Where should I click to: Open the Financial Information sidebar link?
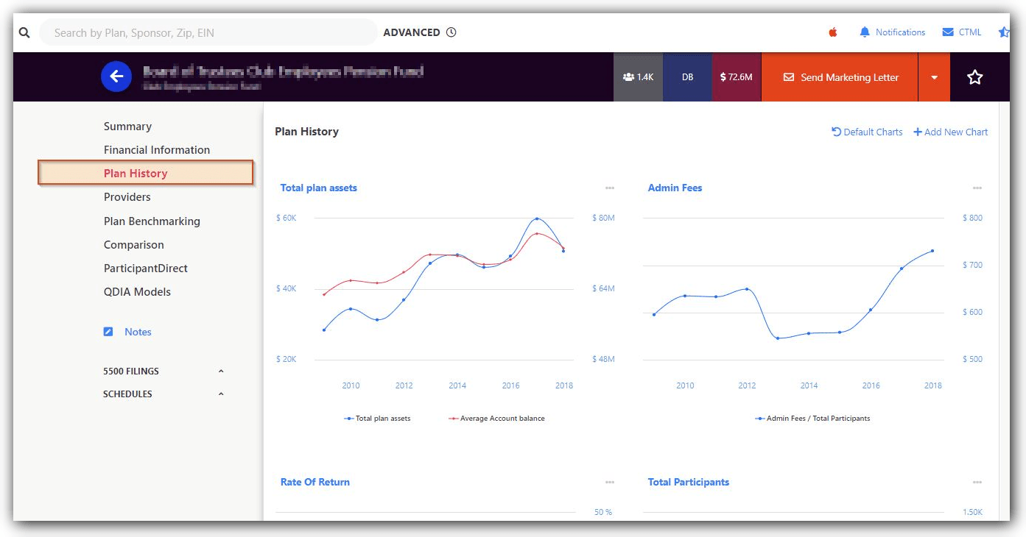coord(156,150)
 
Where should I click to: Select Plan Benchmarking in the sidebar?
coord(152,221)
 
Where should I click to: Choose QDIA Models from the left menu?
coord(137,292)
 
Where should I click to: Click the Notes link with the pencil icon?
coord(137,332)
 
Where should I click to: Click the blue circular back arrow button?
coord(116,77)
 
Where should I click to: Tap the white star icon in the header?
coord(974,77)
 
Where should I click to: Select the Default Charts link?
coord(867,132)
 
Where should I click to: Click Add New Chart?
coord(951,132)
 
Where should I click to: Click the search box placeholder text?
coord(134,33)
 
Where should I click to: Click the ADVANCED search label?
coord(412,32)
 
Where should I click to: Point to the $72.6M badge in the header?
coord(736,77)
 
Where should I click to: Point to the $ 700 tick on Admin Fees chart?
coord(972,266)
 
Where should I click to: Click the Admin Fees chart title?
coord(675,188)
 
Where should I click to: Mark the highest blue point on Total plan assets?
coord(537,218)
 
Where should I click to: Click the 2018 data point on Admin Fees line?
coord(932,251)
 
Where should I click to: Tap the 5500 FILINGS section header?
coord(131,371)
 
